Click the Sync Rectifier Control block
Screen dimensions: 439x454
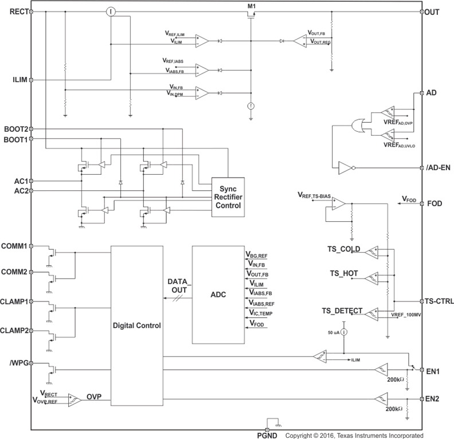tap(228, 197)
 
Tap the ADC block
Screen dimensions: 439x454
tap(218, 295)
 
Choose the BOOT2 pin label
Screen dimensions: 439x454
tap(15, 129)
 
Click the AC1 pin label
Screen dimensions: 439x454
tap(18, 180)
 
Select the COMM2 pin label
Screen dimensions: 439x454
tap(15, 272)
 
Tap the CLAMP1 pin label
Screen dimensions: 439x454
tap(14, 301)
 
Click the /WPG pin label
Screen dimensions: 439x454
tap(17, 362)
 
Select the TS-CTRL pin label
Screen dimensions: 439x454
tap(439, 301)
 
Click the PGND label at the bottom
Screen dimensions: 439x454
tap(268, 435)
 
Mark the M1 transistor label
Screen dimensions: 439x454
tap(251, 6)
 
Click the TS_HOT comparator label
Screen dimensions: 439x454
tap(344, 275)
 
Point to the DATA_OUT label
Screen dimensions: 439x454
tap(179, 286)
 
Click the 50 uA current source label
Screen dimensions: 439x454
tap(332, 332)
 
